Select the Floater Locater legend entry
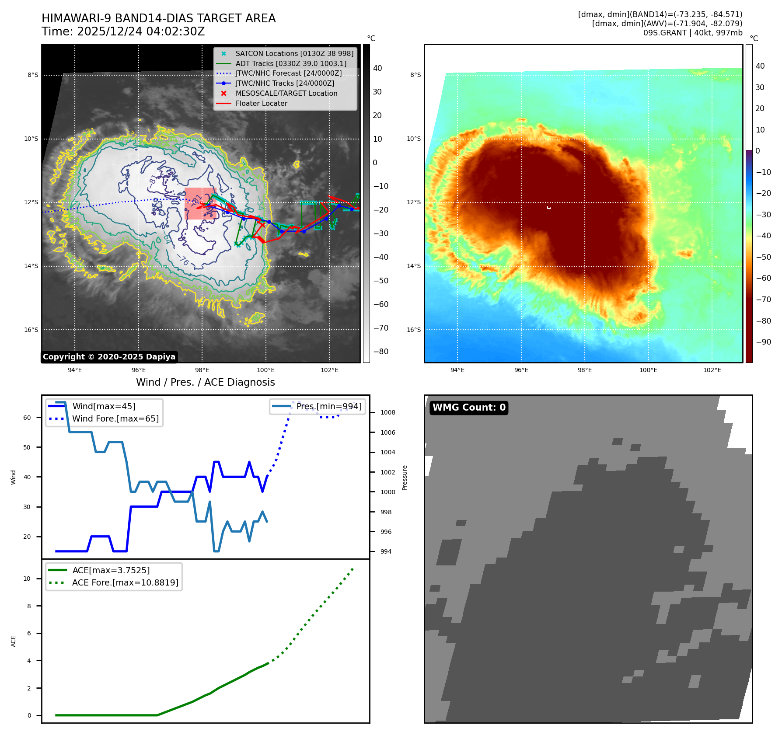tap(261, 104)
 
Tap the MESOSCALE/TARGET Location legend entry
tap(286, 94)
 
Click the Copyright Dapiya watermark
tap(109, 357)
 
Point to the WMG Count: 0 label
tap(469, 408)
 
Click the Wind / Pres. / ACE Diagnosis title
tap(205, 382)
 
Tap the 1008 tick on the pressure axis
tap(388, 413)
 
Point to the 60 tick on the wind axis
tap(27, 418)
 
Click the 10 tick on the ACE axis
tap(27, 579)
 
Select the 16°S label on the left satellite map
tap(31, 330)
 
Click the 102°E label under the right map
tap(712, 370)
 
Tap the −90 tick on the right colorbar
tap(764, 342)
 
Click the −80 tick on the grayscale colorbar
tap(381, 352)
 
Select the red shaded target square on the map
tap(200, 203)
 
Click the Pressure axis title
tap(405, 478)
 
